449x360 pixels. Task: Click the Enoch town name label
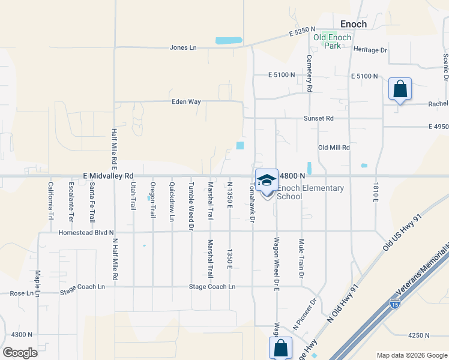(353, 24)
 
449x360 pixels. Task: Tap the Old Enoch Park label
(327, 41)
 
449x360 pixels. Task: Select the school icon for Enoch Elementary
(267, 179)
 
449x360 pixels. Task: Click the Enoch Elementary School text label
(310, 192)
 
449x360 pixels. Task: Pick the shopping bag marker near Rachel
(400, 89)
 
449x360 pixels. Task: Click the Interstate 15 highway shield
(394, 304)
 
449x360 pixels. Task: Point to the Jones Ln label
(183, 47)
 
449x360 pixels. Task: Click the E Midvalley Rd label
(108, 176)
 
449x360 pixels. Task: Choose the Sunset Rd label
(318, 118)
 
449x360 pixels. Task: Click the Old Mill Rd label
(334, 147)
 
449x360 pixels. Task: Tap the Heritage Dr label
(370, 50)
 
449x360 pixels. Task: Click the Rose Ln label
(20, 293)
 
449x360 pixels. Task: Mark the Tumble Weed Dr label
(191, 206)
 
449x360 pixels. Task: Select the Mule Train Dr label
(301, 258)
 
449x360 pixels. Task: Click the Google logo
(20, 353)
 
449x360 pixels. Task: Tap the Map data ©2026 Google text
(411, 355)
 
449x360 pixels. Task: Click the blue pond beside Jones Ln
(228, 41)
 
